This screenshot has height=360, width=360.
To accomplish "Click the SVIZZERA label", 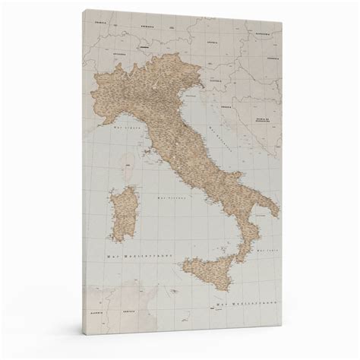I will (x=119, y=55).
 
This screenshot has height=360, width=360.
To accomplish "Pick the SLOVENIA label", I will (x=216, y=81).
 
